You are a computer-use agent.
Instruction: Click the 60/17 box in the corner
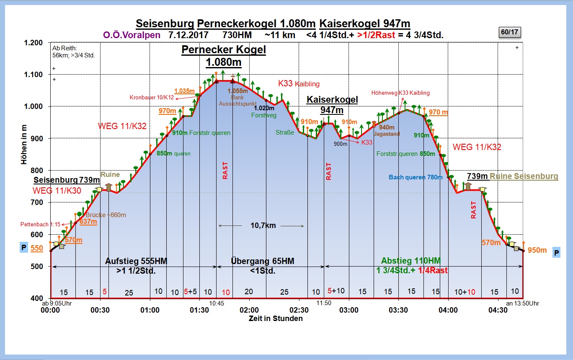(510, 32)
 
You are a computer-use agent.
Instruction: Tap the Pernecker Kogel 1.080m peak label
(224, 56)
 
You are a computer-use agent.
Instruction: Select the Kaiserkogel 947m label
(332, 105)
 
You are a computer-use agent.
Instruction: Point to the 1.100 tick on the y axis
(33, 75)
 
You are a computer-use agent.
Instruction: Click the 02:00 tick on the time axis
(249, 310)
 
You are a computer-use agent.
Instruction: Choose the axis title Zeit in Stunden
(276, 319)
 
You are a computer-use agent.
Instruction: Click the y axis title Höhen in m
(24, 144)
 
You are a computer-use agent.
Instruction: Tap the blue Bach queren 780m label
(416, 177)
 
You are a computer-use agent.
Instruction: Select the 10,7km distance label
(263, 225)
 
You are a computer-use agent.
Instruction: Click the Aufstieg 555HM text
(136, 261)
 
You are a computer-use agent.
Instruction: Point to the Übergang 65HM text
(263, 261)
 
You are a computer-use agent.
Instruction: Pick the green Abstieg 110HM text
(411, 261)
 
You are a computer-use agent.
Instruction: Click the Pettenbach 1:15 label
(40, 224)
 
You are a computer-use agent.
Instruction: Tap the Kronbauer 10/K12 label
(152, 98)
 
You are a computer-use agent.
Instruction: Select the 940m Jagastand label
(387, 130)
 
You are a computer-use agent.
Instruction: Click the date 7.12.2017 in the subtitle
(188, 35)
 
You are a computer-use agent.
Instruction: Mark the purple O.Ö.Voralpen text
(132, 35)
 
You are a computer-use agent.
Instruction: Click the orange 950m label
(537, 250)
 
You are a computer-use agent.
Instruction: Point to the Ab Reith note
(73, 52)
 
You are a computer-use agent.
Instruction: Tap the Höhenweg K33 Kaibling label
(400, 93)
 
